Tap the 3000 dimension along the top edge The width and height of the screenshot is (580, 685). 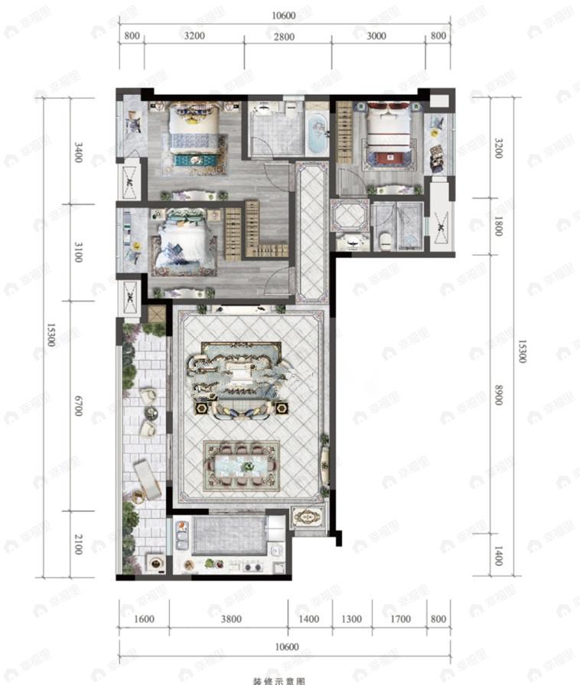pyautogui.click(x=376, y=36)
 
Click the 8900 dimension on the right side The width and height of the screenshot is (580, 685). pyautogui.click(x=498, y=393)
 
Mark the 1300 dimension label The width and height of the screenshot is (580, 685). pyautogui.click(x=352, y=619)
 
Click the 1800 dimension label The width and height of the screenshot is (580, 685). pyautogui.click(x=498, y=226)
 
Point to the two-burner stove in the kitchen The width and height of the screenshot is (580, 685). pyautogui.click(x=253, y=567)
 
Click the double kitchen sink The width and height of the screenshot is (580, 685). pyautogui.click(x=182, y=535)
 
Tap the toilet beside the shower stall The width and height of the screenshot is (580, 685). pyautogui.click(x=386, y=239)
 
